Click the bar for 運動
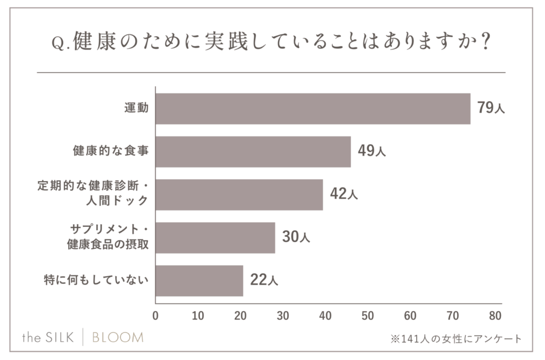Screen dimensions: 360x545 pyautogui.click(x=313, y=109)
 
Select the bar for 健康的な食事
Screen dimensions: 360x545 pyautogui.click(x=253, y=152)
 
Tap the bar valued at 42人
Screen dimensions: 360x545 pyautogui.click(x=239, y=194)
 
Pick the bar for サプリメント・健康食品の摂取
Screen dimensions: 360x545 pyautogui.click(x=215, y=238)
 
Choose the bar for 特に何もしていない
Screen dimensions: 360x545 pyautogui.click(x=199, y=281)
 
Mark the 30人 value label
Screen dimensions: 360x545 pyautogui.click(x=295, y=237)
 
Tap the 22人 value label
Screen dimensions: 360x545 pyautogui.click(x=263, y=280)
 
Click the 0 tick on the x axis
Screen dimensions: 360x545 pyautogui.click(x=155, y=316)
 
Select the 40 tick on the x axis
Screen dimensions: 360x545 pyautogui.click(x=325, y=316)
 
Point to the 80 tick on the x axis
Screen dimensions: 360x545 pyautogui.click(x=495, y=316)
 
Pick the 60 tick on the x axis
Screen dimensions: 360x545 pyautogui.click(x=410, y=316)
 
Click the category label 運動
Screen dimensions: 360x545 pyautogui.click(x=136, y=108)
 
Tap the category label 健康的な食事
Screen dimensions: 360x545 pyautogui.click(x=110, y=151)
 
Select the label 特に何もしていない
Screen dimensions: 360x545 pyautogui.click(x=95, y=280)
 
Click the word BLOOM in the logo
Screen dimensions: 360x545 pyautogui.click(x=118, y=338)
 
